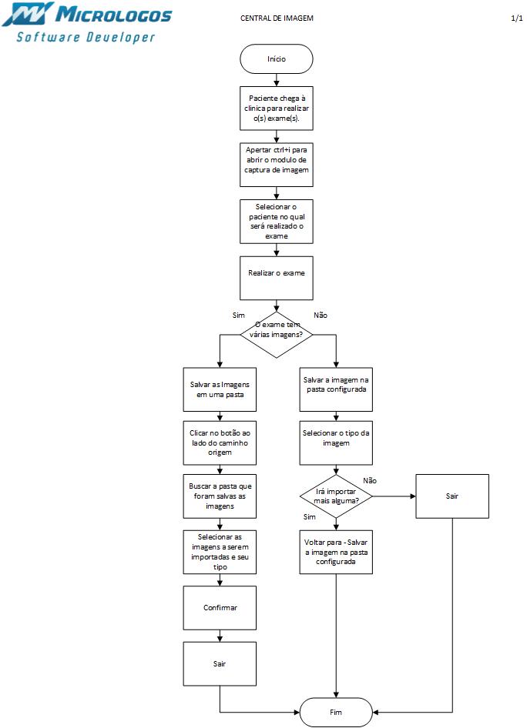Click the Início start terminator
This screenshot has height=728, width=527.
tap(277, 58)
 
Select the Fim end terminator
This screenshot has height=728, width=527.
tap(336, 712)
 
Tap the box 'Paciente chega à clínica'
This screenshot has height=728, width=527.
tap(277, 108)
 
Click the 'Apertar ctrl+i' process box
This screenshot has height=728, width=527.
tap(277, 164)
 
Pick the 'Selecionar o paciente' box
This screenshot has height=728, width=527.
tap(277, 221)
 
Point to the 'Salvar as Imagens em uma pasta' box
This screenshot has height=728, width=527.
tap(220, 389)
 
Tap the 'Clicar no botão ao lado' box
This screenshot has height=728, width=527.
tap(220, 442)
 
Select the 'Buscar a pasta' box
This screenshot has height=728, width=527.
tap(220, 496)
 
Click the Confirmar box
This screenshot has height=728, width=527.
tap(220, 608)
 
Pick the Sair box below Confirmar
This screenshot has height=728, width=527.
tap(220, 663)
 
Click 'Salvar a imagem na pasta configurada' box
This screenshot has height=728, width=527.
tap(335, 384)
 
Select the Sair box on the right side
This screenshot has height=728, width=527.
tap(452, 496)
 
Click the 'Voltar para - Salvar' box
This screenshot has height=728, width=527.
tap(335, 552)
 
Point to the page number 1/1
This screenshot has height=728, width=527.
tap(516, 18)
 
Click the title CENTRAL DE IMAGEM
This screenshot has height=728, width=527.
tap(277, 18)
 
